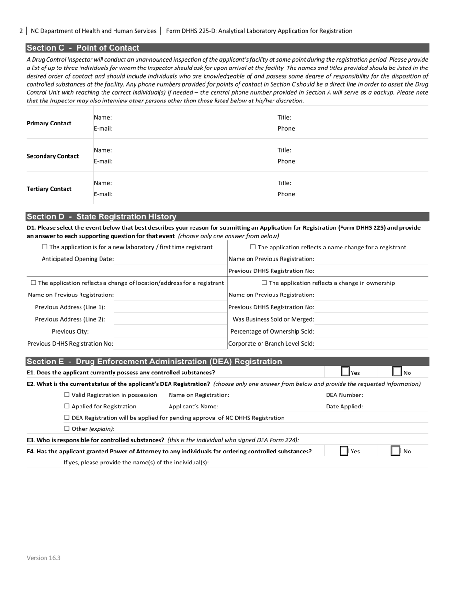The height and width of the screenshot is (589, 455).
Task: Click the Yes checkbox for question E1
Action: tap(345, 372)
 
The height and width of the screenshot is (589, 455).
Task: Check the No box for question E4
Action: tap(396, 451)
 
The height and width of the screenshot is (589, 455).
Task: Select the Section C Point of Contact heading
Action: tap(83, 48)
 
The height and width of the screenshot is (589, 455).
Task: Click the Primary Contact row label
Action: tap(49, 123)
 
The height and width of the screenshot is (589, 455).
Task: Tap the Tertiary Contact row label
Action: tap(49, 189)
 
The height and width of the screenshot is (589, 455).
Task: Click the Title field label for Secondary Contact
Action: tap(284, 150)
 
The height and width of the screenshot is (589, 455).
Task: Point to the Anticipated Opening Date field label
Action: tap(78, 259)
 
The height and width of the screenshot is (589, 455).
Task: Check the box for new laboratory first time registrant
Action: tap(45, 247)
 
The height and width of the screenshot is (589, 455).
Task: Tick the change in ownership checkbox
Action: tap(264, 283)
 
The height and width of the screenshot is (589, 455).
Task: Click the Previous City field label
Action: tap(70, 331)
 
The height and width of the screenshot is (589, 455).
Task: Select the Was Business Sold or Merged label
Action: tap(273, 319)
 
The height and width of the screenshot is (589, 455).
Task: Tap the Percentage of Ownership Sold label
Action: tap(272, 331)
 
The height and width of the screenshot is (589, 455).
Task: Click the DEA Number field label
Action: tap(344, 395)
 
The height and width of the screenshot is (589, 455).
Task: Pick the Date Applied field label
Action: tap(344, 406)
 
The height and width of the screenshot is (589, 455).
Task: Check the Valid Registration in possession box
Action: tap(67, 395)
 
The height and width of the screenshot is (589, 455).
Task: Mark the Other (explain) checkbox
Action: tap(67, 429)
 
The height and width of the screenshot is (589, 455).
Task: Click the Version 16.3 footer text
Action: tap(44, 558)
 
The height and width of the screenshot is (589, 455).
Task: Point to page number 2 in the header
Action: tap(21, 31)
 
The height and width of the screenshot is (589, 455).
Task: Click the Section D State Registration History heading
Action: tap(102, 216)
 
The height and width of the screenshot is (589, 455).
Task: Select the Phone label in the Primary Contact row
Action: tap(287, 128)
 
